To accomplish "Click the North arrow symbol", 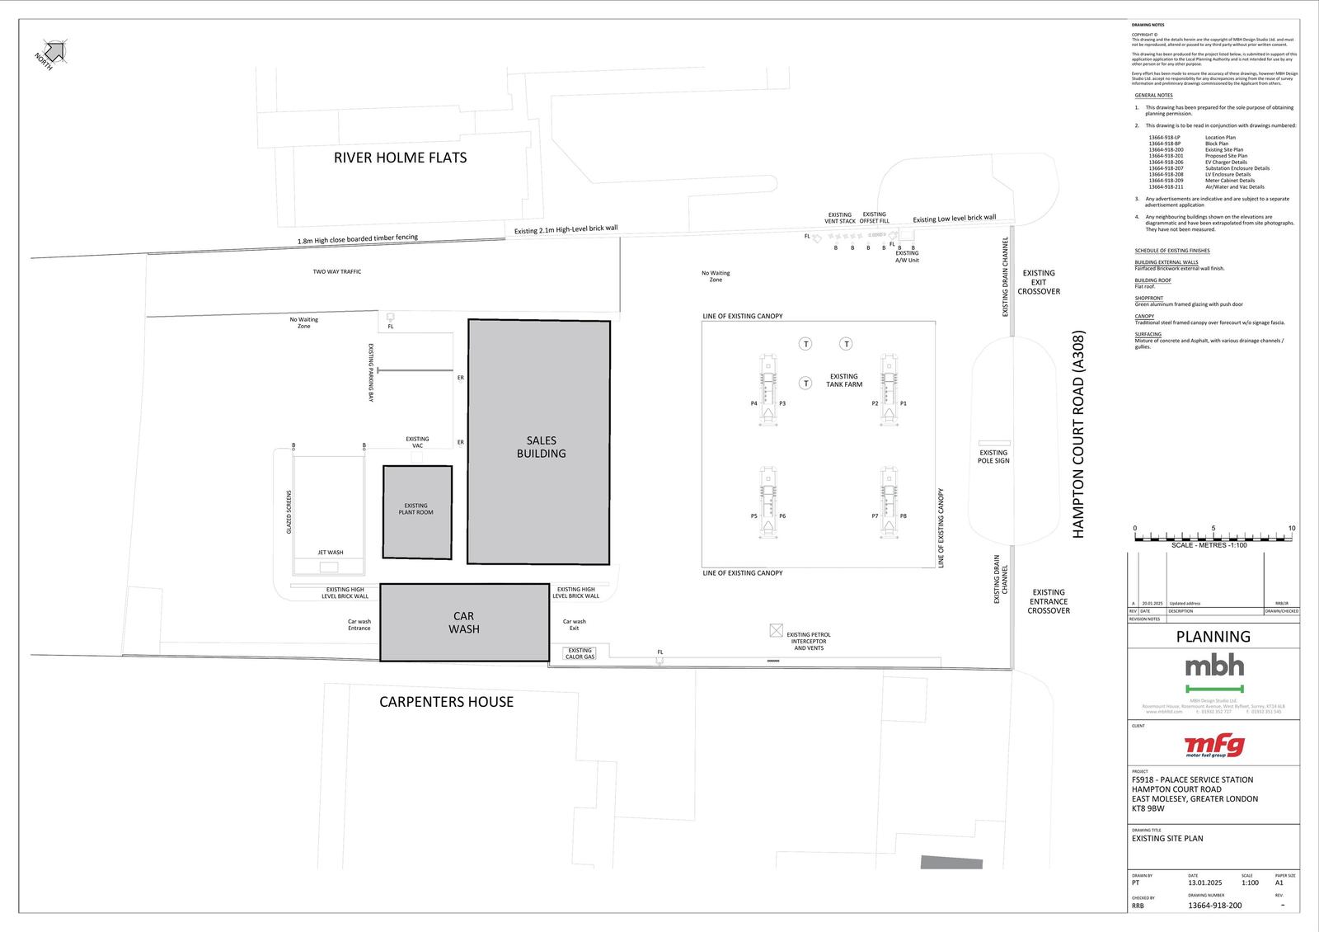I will tap(54, 52).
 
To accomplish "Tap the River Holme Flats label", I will tap(400, 158).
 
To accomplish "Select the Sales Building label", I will tap(541, 447).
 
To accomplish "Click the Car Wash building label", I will tap(464, 623).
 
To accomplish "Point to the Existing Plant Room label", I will tap(415, 509).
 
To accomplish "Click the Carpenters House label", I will tap(446, 702).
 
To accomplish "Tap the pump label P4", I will tap(753, 403).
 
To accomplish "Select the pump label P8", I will tap(904, 516).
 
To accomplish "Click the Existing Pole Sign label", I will tap(993, 456).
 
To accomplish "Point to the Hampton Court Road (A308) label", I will tap(1078, 435).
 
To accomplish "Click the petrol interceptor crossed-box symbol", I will tap(776, 630).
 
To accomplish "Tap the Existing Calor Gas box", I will tap(580, 653).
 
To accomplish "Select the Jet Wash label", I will tap(331, 553).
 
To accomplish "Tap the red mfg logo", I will tap(1213, 746).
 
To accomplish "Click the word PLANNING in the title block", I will tap(1213, 637).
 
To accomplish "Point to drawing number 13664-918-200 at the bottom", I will tap(1214, 906).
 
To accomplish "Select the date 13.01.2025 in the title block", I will tap(1204, 883).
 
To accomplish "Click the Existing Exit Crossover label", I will tap(1038, 282).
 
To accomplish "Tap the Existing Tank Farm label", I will tap(844, 380).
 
